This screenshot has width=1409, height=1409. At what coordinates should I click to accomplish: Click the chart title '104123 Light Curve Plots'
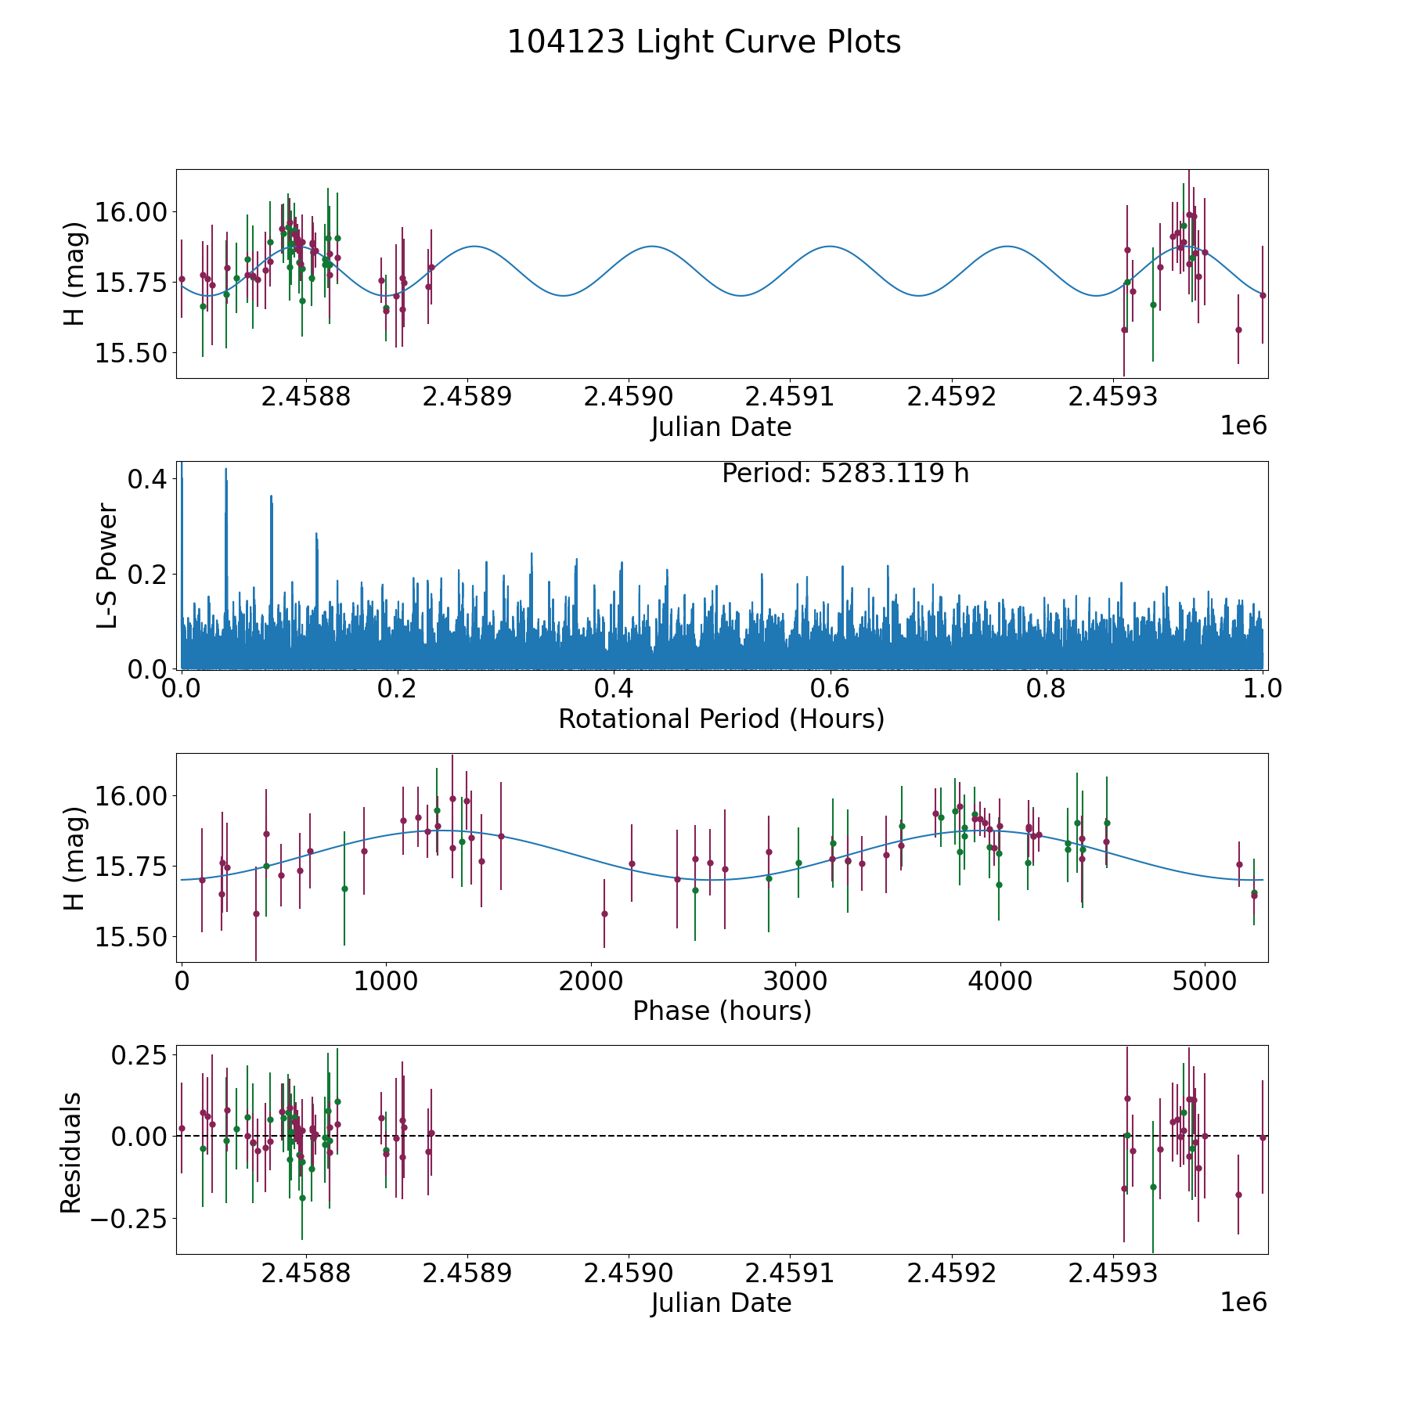tap(704, 42)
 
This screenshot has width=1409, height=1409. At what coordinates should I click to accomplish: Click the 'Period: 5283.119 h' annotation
tap(845, 474)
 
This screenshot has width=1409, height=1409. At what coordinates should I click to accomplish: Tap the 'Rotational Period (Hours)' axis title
tap(721, 719)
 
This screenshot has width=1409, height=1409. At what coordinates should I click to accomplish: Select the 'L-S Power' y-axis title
tap(107, 566)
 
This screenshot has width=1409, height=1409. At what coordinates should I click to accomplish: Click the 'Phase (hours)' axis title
tap(722, 1011)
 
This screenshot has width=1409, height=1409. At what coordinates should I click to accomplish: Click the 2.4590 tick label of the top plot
tap(629, 397)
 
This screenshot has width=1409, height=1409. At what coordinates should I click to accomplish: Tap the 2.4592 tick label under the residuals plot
tap(952, 1274)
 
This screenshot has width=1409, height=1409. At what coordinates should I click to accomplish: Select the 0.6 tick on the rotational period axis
tap(830, 689)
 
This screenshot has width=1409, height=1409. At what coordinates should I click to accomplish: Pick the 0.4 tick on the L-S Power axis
tap(146, 479)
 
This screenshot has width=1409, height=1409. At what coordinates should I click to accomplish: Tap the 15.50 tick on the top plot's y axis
tap(131, 353)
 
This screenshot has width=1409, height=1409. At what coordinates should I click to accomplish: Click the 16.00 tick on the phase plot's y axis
tap(131, 796)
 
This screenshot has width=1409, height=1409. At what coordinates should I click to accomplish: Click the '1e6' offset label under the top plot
tap(1243, 426)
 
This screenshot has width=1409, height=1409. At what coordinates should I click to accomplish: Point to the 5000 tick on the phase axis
tap(1205, 981)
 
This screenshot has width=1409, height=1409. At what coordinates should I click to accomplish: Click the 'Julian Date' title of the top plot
tap(721, 427)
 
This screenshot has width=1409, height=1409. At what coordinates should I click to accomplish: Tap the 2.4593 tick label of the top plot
tap(1113, 397)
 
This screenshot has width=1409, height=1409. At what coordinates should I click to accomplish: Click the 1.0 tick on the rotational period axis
tap(1263, 689)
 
